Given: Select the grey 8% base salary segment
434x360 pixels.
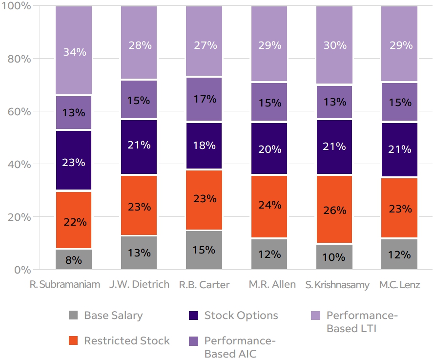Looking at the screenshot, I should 74,259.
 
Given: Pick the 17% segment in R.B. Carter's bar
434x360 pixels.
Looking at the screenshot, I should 204,99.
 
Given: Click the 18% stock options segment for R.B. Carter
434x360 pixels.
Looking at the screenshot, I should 204,146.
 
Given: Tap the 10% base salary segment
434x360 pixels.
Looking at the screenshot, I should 334,256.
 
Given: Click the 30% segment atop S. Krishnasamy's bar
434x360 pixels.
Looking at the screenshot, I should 334,45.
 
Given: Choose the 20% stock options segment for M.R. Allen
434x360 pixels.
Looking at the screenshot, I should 269,148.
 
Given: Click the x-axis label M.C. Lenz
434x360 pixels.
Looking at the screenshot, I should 399,285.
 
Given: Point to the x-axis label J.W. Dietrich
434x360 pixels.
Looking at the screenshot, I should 139,284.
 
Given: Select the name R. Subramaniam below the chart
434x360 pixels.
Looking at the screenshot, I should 65,285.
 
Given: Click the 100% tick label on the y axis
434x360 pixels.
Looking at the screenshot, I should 17,6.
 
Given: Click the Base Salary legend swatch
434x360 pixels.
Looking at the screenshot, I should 74,316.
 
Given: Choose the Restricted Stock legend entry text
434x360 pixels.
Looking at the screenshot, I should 127,341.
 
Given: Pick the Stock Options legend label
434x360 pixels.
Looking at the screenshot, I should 241,316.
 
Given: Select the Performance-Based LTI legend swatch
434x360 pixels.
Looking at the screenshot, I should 315,316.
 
